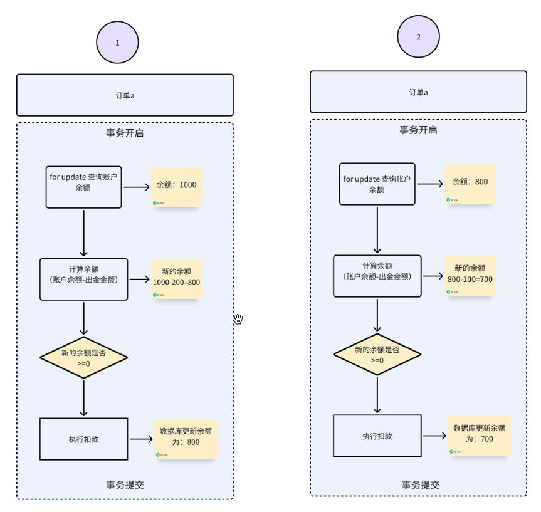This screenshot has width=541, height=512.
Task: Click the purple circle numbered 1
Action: (117, 43)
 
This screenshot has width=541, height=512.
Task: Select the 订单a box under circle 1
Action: (125, 95)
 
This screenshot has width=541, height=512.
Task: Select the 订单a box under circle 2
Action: (418, 92)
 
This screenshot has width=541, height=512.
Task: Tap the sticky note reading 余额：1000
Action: (177, 187)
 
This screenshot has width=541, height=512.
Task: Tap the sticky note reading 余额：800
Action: (470, 184)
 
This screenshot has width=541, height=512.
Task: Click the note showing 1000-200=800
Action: (177, 278)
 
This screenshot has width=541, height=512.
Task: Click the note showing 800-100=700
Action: (470, 276)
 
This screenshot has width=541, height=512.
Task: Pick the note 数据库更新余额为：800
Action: (186, 438)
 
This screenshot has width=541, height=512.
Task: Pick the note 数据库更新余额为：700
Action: (479, 435)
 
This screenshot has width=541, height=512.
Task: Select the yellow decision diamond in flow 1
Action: (83, 358)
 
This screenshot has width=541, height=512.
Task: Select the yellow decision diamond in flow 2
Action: (377, 355)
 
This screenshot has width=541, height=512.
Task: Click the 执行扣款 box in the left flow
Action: (83, 439)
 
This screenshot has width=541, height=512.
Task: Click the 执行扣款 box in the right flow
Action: (377, 436)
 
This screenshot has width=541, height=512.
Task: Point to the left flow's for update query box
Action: (83, 187)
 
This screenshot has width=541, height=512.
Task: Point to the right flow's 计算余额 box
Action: (377, 276)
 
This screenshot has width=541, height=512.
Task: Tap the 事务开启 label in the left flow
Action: (125, 133)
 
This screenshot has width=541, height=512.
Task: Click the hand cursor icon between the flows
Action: (238, 319)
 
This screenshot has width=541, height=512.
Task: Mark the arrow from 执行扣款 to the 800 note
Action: (141, 439)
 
